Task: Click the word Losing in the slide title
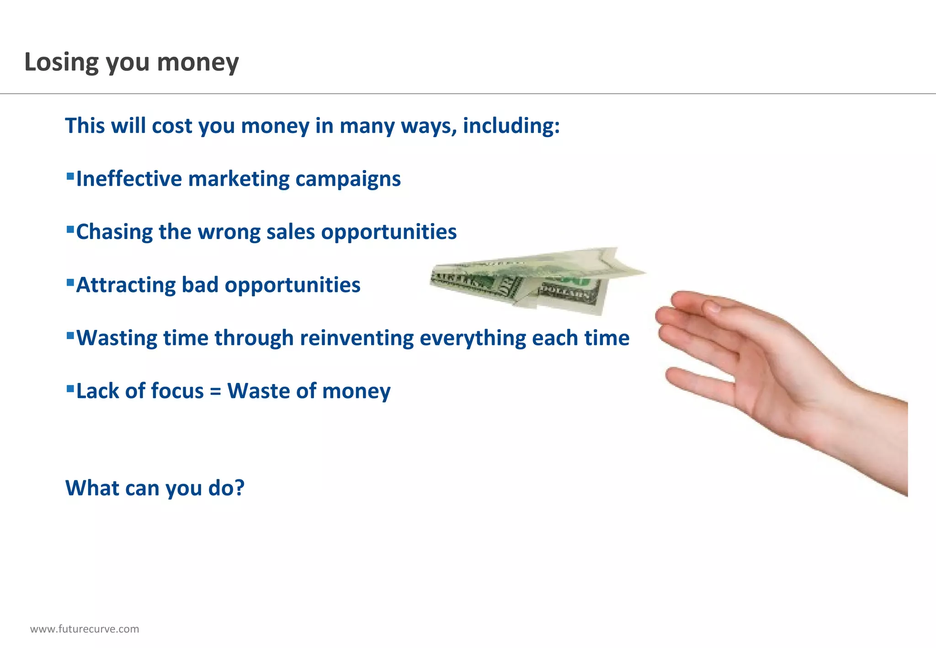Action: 61,62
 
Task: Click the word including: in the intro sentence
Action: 511,126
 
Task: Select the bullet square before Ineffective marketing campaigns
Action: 70,176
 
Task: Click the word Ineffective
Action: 129,179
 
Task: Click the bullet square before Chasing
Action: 70,229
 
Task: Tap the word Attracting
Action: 125,285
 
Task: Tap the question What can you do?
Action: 155,488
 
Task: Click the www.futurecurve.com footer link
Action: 85,629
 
